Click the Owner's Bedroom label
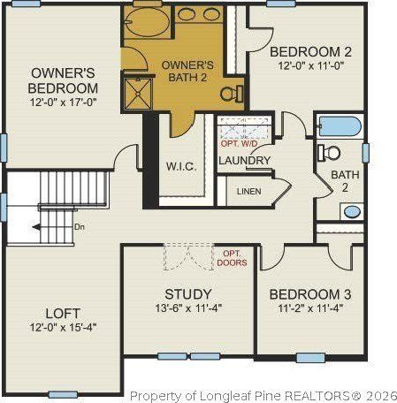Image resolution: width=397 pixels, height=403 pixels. [63, 80]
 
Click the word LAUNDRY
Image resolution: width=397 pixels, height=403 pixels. [244, 160]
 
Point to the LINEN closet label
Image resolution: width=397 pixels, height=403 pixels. [249, 191]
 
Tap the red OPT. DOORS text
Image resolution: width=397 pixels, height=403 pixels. [234, 258]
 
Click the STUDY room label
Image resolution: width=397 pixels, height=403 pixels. [188, 293]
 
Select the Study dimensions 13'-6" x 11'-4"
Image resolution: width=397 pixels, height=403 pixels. [188, 308]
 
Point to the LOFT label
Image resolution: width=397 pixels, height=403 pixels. [63, 313]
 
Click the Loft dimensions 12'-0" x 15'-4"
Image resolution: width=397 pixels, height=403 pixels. [63, 328]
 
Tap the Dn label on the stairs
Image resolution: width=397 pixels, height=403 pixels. [79, 227]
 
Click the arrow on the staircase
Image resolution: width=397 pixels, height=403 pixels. [40, 228]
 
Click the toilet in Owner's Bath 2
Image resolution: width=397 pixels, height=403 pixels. [230, 93]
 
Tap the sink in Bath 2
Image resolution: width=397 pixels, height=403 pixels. [351, 212]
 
